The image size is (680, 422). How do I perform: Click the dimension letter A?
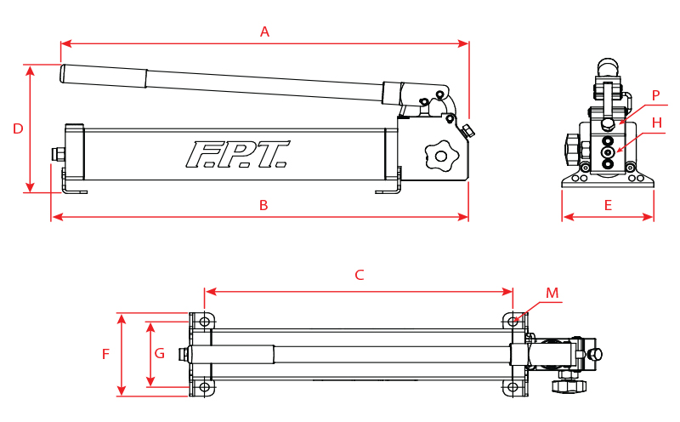[x=264, y=31]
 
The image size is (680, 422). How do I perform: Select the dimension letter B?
[x=263, y=205]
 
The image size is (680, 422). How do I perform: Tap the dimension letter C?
[x=360, y=275]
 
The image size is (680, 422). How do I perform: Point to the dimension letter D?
[x=17, y=128]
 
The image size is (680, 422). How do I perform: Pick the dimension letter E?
[x=608, y=205]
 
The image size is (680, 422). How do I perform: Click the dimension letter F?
[x=106, y=354]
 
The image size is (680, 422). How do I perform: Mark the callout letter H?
[x=656, y=123]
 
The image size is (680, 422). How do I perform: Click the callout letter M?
[x=552, y=294]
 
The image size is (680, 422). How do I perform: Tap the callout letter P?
[x=655, y=95]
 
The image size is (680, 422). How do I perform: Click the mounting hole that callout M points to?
[x=513, y=322]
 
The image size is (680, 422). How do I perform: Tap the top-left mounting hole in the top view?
[x=205, y=322]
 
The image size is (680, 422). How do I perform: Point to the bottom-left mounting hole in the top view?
[x=205, y=387]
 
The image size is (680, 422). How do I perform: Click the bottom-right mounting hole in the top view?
[x=513, y=387]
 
